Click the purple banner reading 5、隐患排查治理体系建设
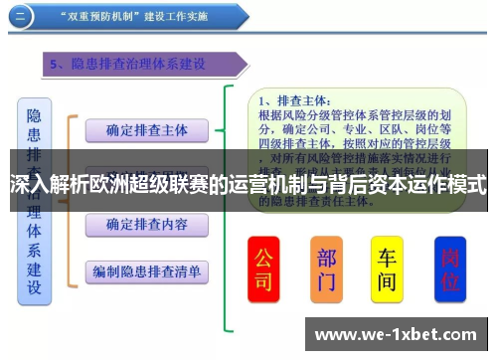(x=139, y=65)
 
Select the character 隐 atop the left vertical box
(x=33, y=116)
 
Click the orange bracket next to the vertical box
(x=70, y=199)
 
